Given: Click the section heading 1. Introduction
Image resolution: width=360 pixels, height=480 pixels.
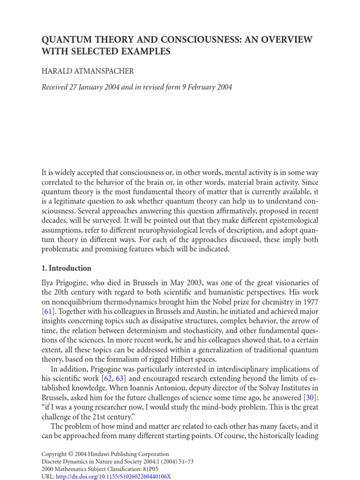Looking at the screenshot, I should [x=67, y=269].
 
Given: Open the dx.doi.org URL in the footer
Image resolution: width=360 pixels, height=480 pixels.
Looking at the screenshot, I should [x=113, y=476].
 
